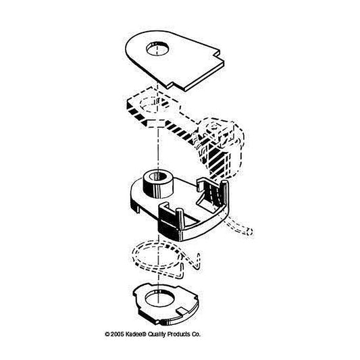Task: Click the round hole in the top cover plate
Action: point(157,49)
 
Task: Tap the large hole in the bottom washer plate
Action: point(159,299)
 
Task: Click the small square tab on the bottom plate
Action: point(182,311)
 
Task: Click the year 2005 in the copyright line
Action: point(118,334)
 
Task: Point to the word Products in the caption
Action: point(178,334)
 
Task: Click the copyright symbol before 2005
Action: point(107,334)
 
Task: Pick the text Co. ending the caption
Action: point(196,334)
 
